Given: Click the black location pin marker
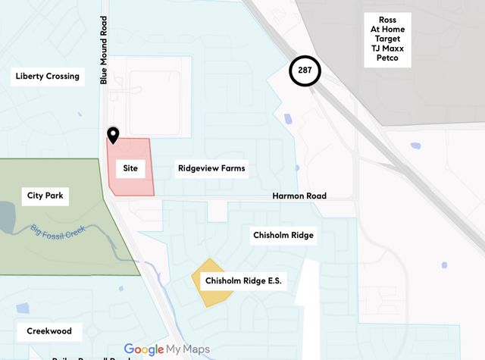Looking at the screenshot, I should click(113, 135).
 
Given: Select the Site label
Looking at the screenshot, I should click(130, 168).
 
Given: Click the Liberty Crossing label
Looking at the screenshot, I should click(47, 77).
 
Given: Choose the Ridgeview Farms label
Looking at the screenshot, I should click(211, 168).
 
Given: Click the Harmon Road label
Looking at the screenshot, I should click(299, 196).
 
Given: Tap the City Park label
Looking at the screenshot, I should click(45, 196).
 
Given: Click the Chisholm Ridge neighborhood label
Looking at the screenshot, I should click(283, 236).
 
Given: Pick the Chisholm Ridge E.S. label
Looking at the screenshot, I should click(243, 281).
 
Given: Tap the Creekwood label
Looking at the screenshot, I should click(49, 332).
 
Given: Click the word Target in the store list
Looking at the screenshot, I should click(387, 38).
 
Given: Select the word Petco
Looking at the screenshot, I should click(387, 58).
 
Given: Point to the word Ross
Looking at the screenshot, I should click(387, 18).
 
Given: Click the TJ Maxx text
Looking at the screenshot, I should click(387, 48).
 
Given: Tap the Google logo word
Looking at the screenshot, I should click(145, 349).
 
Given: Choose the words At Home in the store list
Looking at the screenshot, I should click(387, 28).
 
